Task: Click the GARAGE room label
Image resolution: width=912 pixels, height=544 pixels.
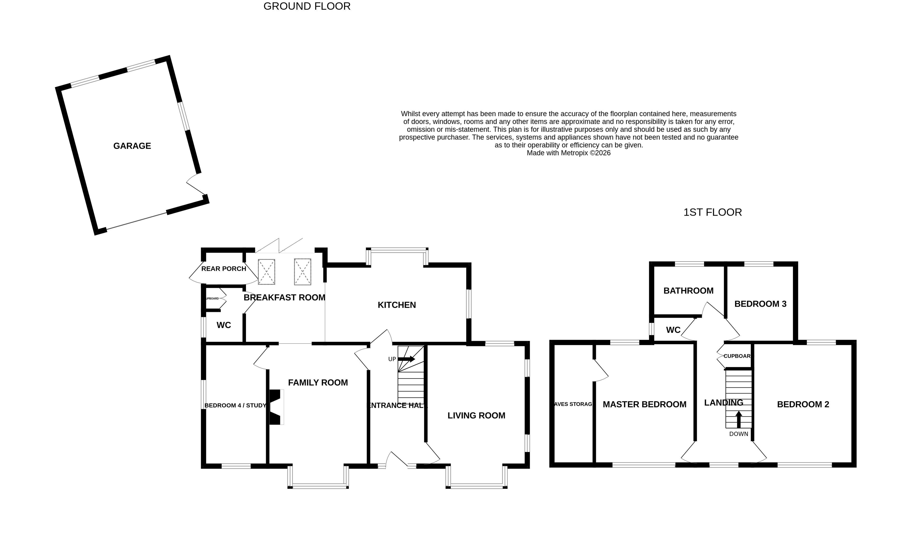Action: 132,146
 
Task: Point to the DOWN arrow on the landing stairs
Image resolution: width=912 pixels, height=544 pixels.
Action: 739,419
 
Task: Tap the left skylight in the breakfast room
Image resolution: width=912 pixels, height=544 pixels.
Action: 266,272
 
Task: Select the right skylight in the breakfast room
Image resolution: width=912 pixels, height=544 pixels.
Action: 302,272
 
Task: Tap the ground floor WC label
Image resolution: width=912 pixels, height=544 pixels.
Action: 224,325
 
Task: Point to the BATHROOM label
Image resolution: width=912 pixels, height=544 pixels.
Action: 688,291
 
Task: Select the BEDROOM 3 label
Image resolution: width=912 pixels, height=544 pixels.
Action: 760,304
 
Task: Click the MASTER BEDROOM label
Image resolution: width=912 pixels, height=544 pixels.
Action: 644,404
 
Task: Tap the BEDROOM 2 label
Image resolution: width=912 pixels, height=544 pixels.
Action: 803,404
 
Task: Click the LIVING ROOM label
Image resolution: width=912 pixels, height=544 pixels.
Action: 476,415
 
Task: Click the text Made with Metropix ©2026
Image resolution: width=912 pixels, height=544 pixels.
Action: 568,153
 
